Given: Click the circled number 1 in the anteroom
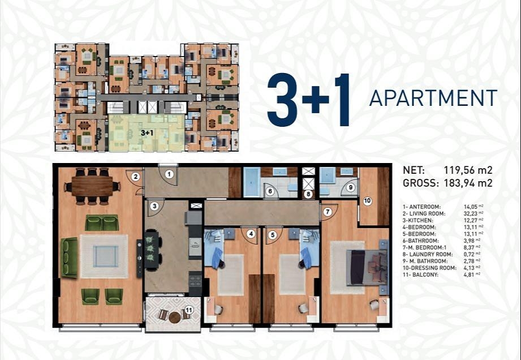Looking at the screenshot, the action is coord(169,174).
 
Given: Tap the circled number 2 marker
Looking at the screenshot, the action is coord(135,177).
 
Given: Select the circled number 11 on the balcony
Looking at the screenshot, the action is coord(189,310).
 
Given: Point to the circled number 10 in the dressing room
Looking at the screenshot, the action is coord(367,201).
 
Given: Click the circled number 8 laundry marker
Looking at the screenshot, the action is coord(308,195).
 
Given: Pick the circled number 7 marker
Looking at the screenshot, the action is coord(328,212).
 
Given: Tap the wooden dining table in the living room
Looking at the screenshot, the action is coord(92,186).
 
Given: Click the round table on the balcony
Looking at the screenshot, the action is coord(174,318).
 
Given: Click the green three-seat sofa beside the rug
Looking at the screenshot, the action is coord(70,258).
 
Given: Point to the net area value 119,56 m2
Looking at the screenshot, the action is coord(468,170).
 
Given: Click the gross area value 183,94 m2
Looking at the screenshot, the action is coord(468,183).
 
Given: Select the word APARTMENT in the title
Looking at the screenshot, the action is coord(433,98).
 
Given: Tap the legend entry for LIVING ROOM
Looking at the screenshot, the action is coord(424,214).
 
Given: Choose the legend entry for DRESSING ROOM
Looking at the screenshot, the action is coord(428,268).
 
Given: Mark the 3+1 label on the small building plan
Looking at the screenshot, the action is coord(147,133).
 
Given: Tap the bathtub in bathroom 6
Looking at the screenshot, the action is coord(252,182).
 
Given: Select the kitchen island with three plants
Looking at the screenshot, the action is coord(151,248).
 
